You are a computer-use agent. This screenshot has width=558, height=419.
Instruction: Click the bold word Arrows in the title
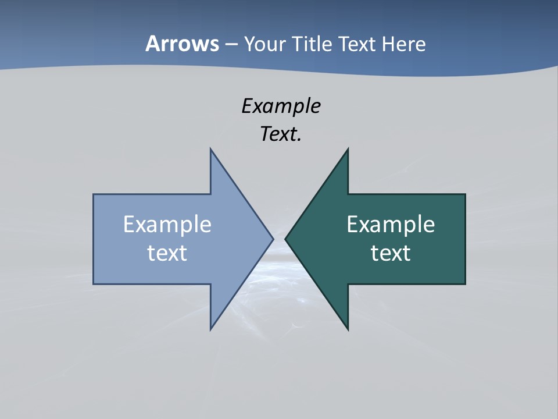182,44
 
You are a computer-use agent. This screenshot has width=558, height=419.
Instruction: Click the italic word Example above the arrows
281,106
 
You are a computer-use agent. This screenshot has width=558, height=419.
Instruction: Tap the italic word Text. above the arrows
281,134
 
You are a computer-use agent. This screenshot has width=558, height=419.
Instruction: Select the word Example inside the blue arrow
167,225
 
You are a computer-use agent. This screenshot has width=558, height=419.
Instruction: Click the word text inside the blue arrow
167,253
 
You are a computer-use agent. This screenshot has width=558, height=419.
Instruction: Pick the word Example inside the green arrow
391,225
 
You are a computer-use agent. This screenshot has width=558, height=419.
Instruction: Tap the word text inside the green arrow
391,253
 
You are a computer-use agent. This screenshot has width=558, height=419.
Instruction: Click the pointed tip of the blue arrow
273,239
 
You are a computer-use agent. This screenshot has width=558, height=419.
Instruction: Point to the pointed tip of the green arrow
285,239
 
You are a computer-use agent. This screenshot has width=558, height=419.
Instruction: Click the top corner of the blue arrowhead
211,150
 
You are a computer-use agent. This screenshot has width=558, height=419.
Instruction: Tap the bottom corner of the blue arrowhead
211,329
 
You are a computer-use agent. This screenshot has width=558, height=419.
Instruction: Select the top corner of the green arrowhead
348,150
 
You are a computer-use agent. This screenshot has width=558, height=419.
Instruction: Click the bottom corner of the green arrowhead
348,329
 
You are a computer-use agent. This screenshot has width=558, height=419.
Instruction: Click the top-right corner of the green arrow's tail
465,194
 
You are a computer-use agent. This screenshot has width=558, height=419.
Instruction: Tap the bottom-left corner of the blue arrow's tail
94,284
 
